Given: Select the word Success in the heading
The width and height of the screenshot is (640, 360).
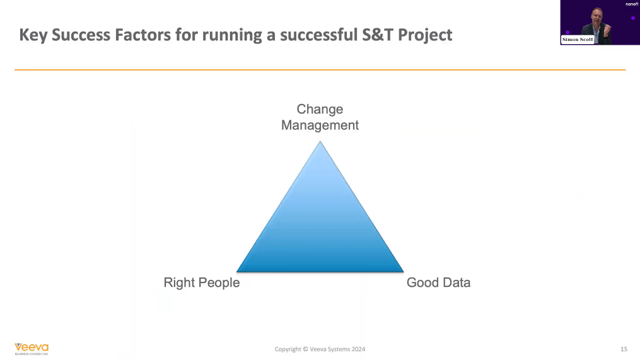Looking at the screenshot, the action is (81, 35).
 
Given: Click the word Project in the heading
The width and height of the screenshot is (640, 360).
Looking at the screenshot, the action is (425, 35).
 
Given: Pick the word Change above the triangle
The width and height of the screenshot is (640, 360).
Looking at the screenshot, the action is (320, 110).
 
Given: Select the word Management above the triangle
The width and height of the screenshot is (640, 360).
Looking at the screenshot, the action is (320, 125).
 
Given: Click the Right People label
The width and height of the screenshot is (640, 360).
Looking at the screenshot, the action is (202, 282).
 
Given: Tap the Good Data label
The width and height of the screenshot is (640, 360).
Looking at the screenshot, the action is (438, 282).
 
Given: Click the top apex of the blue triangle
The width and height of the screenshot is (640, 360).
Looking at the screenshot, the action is (320, 141).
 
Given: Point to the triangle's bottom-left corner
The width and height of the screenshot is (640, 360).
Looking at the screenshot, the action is (236, 272).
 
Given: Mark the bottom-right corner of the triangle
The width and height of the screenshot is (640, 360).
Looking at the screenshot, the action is (404, 272).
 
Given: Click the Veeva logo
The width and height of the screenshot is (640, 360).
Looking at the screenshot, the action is (32, 349).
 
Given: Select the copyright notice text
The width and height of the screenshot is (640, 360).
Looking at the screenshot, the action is (320, 349).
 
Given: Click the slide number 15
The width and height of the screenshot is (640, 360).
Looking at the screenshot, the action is (624, 349).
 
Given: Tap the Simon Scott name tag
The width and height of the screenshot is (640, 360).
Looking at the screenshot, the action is (578, 40).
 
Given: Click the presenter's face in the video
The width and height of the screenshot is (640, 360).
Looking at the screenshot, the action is (596, 16).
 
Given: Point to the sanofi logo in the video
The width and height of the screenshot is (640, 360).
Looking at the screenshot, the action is (631, 4).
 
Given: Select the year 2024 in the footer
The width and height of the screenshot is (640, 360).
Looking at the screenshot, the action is (358, 349).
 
